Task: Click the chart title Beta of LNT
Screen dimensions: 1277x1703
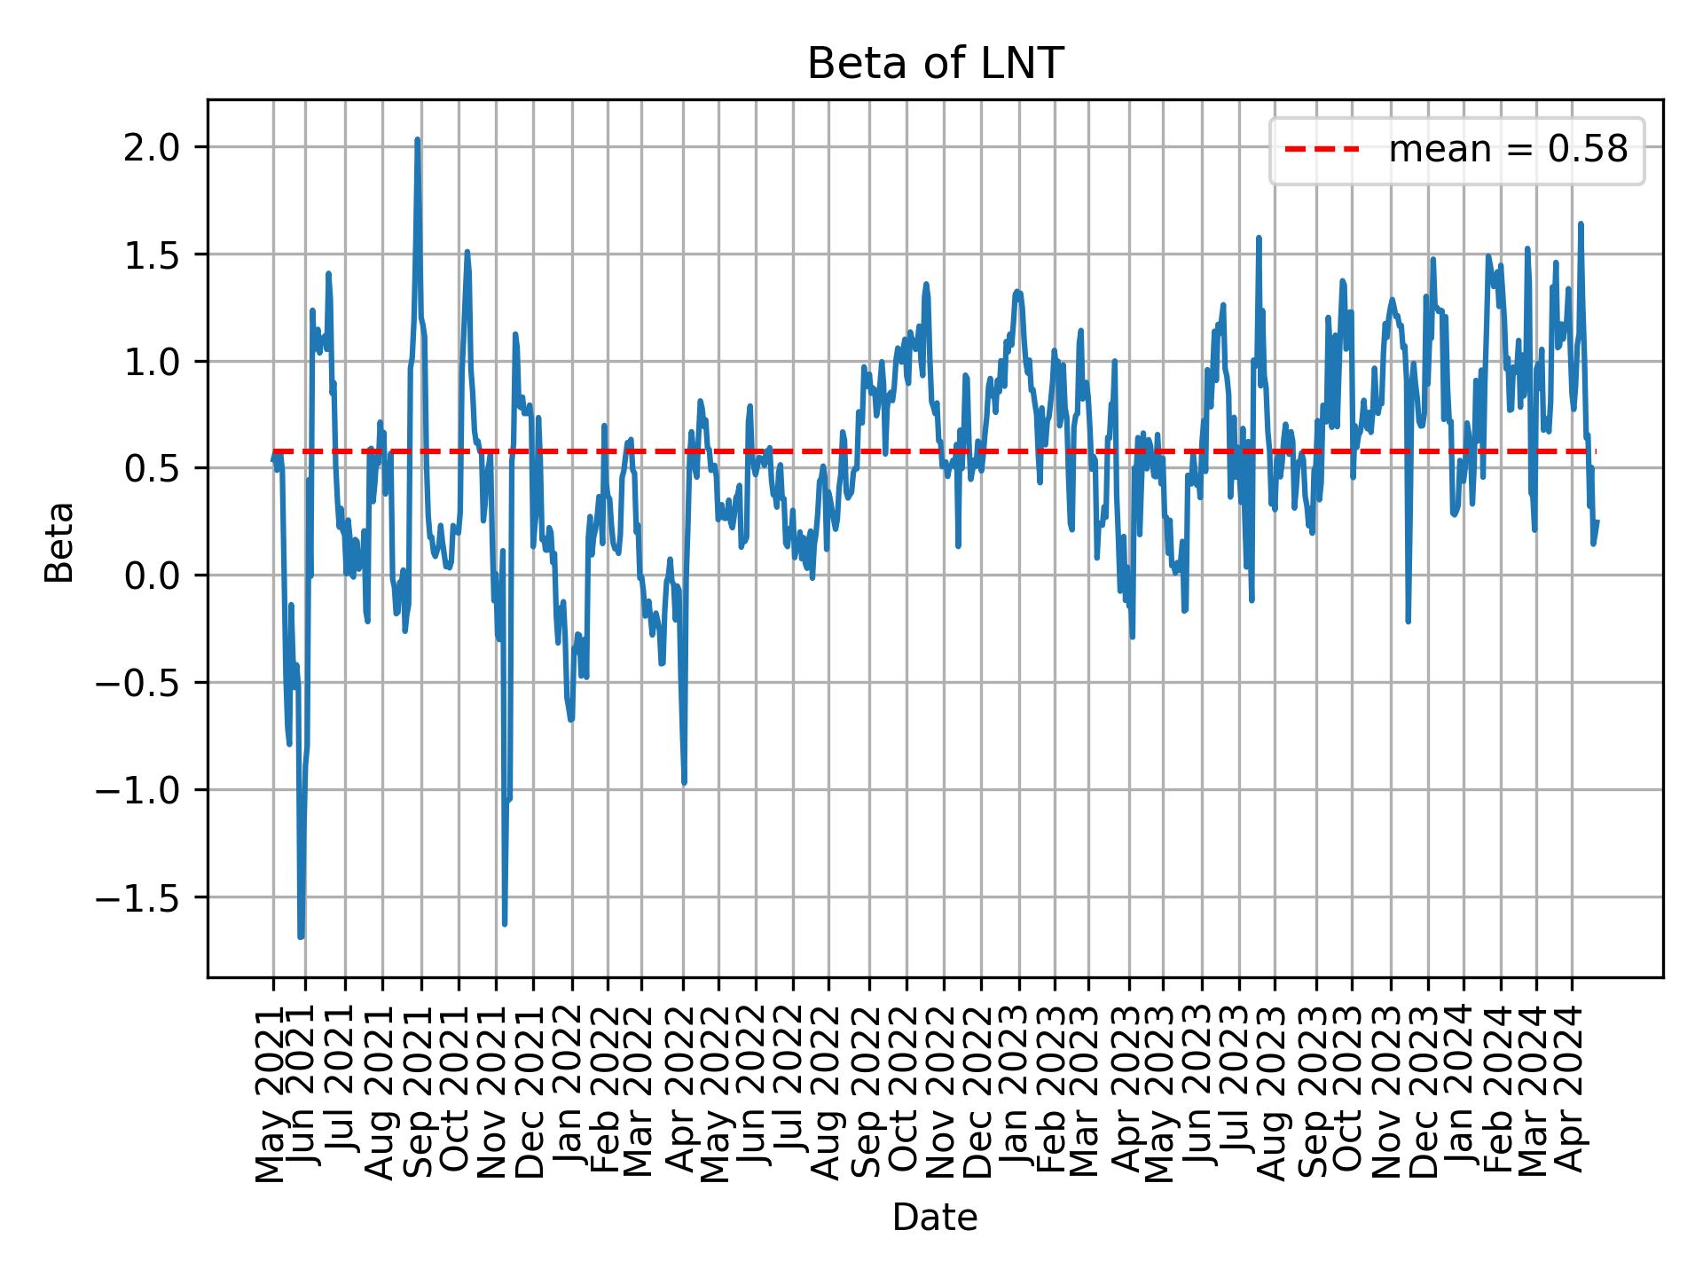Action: coord(935,65)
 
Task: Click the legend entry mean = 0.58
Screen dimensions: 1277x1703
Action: coord(1508,150)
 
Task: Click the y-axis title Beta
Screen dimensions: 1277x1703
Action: coord(59,542)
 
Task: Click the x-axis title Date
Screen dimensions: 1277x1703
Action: coord(935,1218)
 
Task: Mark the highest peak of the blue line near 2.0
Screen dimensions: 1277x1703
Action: coord(417,140)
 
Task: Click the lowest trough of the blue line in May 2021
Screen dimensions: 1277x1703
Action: coord(301,936)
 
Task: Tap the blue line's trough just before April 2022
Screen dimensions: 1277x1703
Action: coord(684,782)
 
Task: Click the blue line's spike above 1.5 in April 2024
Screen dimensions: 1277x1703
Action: coord(1581,224)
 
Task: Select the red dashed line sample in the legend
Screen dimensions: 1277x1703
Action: coord(1322,150)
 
